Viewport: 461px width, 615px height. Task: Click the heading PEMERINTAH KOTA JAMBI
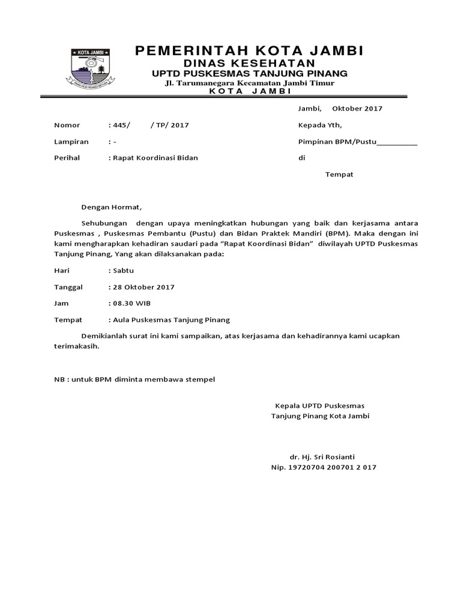[x=249, y=50]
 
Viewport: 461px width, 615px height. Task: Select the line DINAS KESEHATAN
[x=249, y=63]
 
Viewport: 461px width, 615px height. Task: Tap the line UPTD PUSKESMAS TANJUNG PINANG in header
[x=249, y=73]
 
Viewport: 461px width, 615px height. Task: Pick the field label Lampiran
[x=71, y=142]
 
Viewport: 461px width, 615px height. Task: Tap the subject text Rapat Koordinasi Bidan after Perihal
[x=155, y=158]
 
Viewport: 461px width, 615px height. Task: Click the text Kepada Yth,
[x=320, y=126]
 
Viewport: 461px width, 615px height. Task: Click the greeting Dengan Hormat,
[x=112, y=207]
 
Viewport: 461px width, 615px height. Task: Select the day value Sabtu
[x=123, y=271]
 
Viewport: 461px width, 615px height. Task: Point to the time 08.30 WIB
[x=131, y=303]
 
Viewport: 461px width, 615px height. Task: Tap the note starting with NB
[x=134, y=380]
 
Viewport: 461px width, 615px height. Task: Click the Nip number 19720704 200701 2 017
[x=324, y=467]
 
